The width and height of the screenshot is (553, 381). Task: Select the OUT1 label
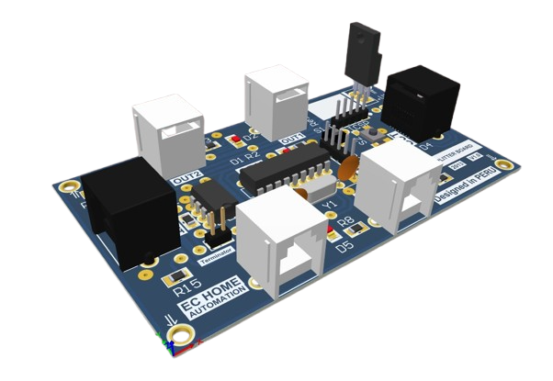coord(292,139)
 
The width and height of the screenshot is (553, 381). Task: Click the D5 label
coord(345,247)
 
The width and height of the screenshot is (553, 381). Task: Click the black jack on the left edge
coord(128,207)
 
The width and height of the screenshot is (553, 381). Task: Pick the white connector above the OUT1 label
coord(275,100)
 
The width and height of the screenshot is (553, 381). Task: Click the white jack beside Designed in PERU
coord(399,187)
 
